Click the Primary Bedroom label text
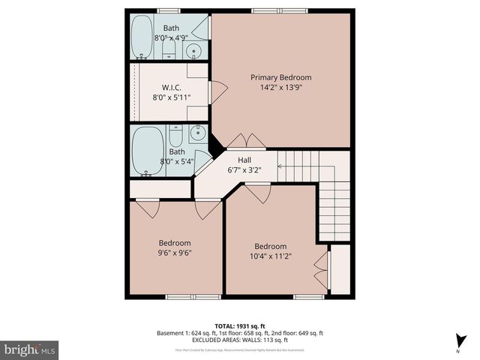[280, 77]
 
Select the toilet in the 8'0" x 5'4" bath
[175, 135]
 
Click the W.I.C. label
[172, 86]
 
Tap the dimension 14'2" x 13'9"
[280, 87]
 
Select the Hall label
[244, 160]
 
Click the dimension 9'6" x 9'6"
[174, 253]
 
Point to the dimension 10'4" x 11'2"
[270, 256]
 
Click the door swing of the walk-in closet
[218, 93]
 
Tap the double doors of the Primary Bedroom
[246, 141]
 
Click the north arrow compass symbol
[458, 339]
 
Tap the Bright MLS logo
[30, 349]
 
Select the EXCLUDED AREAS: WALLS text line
[239, 340]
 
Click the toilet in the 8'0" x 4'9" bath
[169, 51]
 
